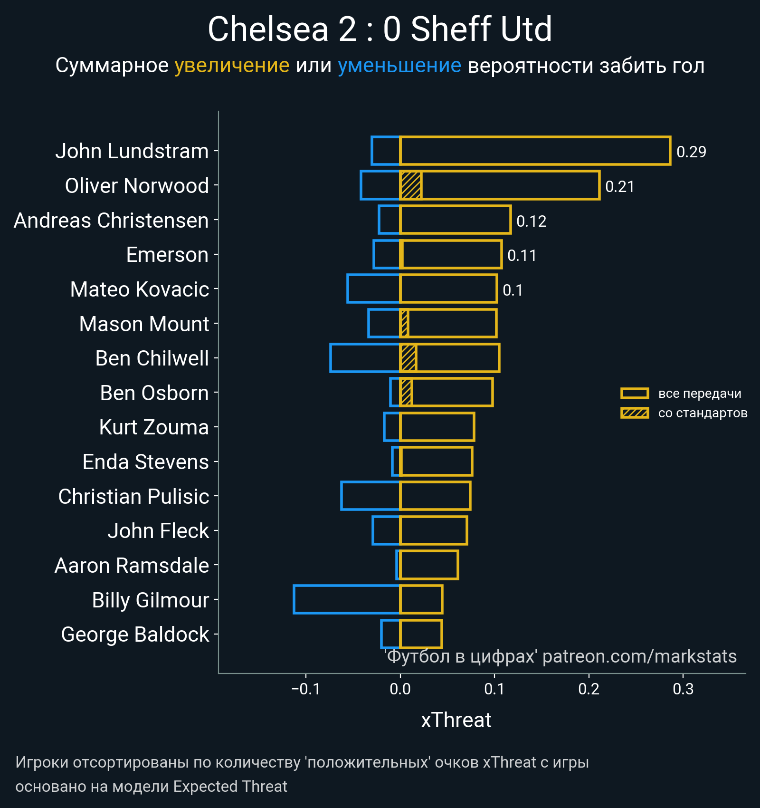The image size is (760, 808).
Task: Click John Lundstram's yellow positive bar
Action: pyautogui.click(x=535, y=151)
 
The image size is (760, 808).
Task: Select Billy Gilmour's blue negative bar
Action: pyautogui.click(x=347, y=599)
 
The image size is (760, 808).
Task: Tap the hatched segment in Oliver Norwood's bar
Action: pyautogui.click(x=411, y=185)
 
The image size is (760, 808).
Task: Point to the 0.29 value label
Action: pyautogui.click(x=691, y=152)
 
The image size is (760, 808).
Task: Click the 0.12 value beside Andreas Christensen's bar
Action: pyautogui.click(x=531, y=221)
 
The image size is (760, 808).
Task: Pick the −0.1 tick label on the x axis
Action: pyautogui.click(x=306, y=689)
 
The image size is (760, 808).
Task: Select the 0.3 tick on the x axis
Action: pyautogui.click(x=683, y=689)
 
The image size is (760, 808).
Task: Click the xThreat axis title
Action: pyautogui.click(x=456, y=720)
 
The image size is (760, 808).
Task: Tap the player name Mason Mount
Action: pyautogui.click(x=144, y=324)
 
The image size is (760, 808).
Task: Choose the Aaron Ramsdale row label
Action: pyautogui.click(x=132, y=566)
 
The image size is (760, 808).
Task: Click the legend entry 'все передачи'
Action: pyautogui.click(x=700, y=394)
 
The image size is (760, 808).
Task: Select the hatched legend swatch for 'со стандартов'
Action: pyautogui.click(x=635, y=413)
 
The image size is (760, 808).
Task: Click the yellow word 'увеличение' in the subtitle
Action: pyautogui.click(x=232, y=66)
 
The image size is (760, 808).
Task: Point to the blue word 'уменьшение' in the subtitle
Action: pyautogui.click(x=399, y=66)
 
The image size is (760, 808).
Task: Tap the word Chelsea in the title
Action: pyautogui.click(x=268, y=29)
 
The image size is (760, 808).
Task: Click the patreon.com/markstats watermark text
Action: pyautogui.click(x=639, y=656)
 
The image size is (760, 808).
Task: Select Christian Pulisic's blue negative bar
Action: pyautogui.click(x=370, y=496)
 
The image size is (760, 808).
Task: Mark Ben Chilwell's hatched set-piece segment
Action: pyautogui.click(x=408, y=358)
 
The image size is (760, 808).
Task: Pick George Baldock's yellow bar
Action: pyautogui.click(x=421, y=634)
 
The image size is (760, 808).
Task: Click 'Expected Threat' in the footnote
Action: pyautogui.click(x=230, y=787)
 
